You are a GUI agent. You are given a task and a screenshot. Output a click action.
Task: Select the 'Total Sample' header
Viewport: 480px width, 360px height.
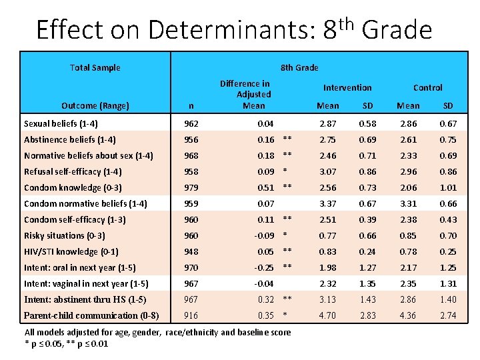95,67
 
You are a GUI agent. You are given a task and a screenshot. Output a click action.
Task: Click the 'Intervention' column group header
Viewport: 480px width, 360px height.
347,87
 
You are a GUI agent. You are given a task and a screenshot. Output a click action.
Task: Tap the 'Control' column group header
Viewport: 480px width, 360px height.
427,87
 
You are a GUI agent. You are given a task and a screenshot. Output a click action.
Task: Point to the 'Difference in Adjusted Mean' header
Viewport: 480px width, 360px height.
245,94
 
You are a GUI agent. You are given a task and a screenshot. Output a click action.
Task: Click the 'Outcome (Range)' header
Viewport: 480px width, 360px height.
95,105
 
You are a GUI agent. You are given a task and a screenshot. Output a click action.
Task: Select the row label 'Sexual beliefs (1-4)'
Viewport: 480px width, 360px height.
62,123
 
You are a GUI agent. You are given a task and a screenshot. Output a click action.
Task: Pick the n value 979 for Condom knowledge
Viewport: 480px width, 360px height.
191,187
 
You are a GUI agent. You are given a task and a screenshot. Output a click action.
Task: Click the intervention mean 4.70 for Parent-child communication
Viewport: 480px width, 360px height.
327,315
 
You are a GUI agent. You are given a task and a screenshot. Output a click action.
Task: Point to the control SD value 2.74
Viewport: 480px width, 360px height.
448,315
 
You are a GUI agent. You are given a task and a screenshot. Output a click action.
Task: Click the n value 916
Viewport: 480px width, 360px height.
191,315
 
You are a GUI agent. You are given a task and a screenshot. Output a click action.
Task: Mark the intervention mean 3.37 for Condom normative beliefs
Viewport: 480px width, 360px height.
327,203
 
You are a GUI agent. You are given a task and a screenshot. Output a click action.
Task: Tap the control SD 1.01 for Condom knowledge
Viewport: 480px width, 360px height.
448,187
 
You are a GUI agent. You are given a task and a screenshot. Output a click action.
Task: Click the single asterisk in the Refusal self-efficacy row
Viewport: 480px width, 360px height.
285,171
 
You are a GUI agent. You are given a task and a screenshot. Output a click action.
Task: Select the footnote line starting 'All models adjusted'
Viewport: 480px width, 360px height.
157,332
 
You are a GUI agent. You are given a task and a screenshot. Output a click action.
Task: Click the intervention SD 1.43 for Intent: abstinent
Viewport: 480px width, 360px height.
367,299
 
